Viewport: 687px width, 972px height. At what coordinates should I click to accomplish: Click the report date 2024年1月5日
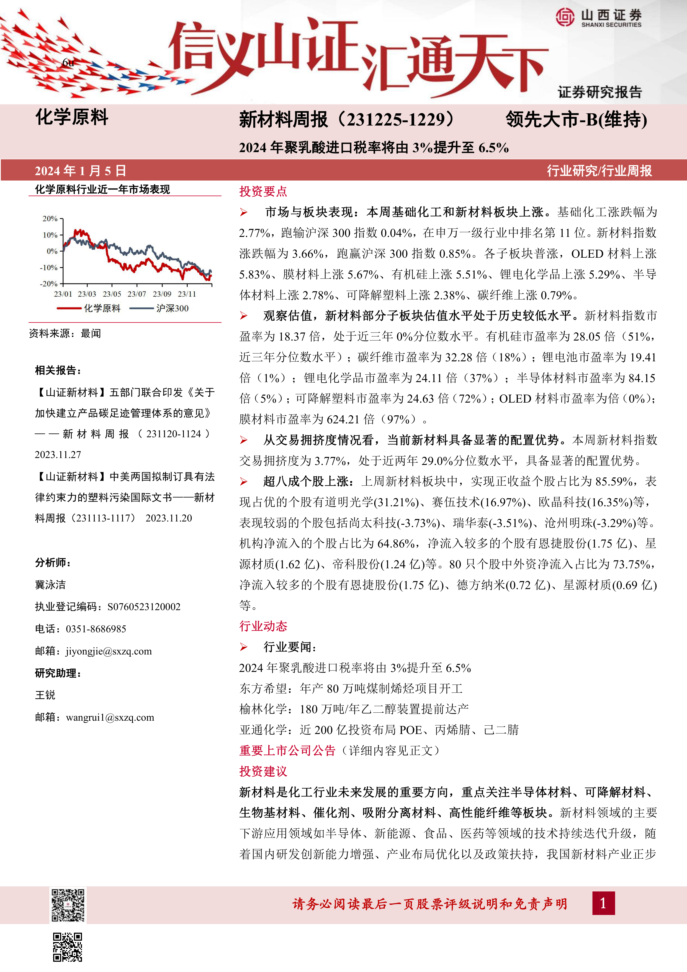click(x=80, y=171)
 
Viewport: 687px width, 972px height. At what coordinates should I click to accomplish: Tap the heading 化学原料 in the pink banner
click(x=72, y=117)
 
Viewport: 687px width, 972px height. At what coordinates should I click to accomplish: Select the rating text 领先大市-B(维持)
click(x=576, y=120)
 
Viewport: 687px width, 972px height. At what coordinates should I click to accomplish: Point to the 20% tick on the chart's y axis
click(x=50, y=218)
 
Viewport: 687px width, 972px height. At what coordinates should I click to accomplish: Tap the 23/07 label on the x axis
click(x=137, y=294)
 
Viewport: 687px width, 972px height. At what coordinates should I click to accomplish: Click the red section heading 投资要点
click(x=263, y=191)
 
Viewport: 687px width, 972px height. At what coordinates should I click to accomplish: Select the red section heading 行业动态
click(x=263, y=626)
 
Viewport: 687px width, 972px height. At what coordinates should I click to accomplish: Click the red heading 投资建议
click(x=263, y=771)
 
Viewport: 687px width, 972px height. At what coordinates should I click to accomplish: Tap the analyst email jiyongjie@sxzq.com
click(x=109, y=651)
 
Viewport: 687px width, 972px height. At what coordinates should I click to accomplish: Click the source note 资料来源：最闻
click(x=65, y=334)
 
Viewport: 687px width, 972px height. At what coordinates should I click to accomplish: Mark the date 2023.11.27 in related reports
click(x=58, y=455)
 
